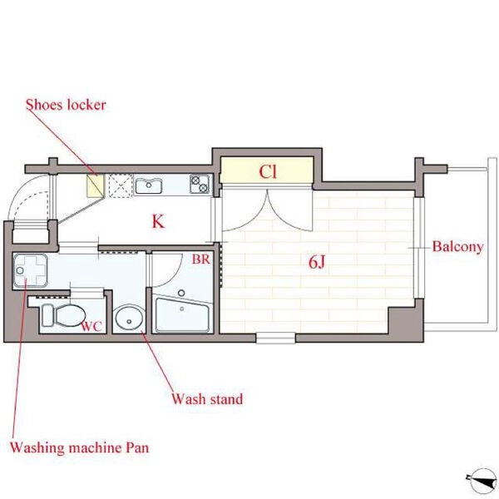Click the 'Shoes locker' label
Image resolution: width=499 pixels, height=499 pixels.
(x=66, y=105)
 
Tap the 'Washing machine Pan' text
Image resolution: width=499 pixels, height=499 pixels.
(x=79, y=447)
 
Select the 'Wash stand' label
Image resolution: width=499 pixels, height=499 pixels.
(x=207, y=398)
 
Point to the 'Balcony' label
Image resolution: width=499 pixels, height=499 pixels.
(x=457, y=247)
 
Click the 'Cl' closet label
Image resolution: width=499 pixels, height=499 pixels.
(x=268, y=172)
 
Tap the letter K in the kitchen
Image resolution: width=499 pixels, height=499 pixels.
(x=158, y=221)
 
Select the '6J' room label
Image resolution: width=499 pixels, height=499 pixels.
(x=317, y=262)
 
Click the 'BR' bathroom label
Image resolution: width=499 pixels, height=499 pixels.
(x=200, y=259)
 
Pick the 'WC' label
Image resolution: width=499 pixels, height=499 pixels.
(x=91, y=326)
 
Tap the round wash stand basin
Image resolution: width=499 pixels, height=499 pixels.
(x=129, y=318)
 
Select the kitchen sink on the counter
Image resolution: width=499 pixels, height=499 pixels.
(x=149, y=185)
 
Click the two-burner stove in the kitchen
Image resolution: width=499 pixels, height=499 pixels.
(x=200, y=184)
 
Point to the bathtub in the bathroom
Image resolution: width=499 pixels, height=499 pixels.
(x=182, y=314)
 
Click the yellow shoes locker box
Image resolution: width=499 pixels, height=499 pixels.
(x=96, y=185)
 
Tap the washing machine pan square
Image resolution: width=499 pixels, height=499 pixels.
(x=31, y=270)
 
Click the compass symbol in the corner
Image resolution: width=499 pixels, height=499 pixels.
(x=482, y=481)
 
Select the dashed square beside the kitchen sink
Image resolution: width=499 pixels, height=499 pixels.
(x=121, y=185)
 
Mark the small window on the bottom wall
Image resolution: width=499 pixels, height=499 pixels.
(x=275, y=338)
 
